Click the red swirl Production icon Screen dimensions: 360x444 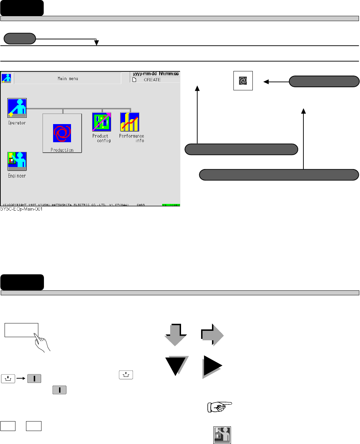pyautogui.click(x=62, y=133)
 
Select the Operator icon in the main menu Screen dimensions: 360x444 pyautogui.click(x=17, y=108)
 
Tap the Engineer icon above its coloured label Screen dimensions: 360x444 pyautogui.click(x=17, y=161)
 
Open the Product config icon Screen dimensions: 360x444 pyautogui.click(x=102, y=122)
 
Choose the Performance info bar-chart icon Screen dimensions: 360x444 pyautogui.click(x=130, y=122)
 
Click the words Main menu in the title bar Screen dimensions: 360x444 pyautogui.click(x=68, y=79)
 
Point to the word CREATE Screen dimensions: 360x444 pyautogui.click(x=152, y=80)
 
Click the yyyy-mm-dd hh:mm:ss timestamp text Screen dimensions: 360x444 pyautogui.click(x=156, y=74)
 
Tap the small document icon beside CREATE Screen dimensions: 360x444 pyautogui.click(x=134, y=80)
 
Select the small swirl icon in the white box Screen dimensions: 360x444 pyautogui.click(x=243, y=81)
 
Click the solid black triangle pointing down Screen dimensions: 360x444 pyautogui.click(x=176, y=366)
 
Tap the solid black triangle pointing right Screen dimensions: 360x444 pyautogui.click(x=213, y=367)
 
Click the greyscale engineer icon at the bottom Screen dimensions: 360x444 pyautogui.click(x=222, y=435)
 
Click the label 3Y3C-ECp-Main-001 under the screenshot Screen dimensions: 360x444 pyautogui.click(x=21, y=209)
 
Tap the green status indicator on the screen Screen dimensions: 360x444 pyautogui.click(x=171, y=205)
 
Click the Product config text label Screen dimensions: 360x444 pyautogui.click(x=102, y=138)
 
